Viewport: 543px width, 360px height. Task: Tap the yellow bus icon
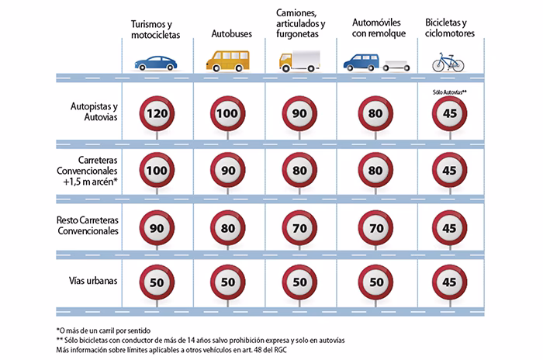227,60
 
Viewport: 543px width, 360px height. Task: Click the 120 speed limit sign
157,114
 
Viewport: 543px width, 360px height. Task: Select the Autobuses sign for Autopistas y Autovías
227,114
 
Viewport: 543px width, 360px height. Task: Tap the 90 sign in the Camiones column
299,114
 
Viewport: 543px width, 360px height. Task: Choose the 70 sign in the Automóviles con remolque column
375,229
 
